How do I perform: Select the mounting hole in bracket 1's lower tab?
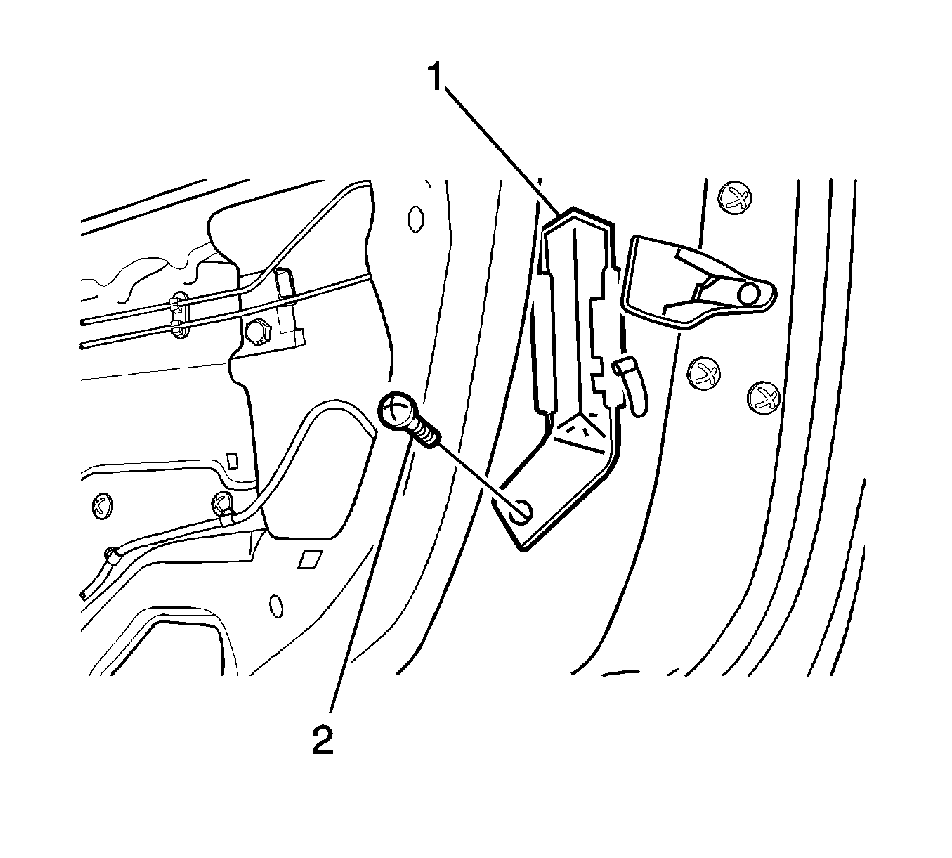point(521,512)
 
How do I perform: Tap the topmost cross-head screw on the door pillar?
point(735,197)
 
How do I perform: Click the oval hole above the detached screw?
point(415,219)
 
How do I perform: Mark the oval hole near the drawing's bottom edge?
point(275,606)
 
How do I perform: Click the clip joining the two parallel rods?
point(178,314)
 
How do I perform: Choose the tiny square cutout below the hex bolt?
point(232,460)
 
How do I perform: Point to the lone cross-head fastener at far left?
point(102,506)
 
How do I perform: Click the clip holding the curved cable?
point(222,509)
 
